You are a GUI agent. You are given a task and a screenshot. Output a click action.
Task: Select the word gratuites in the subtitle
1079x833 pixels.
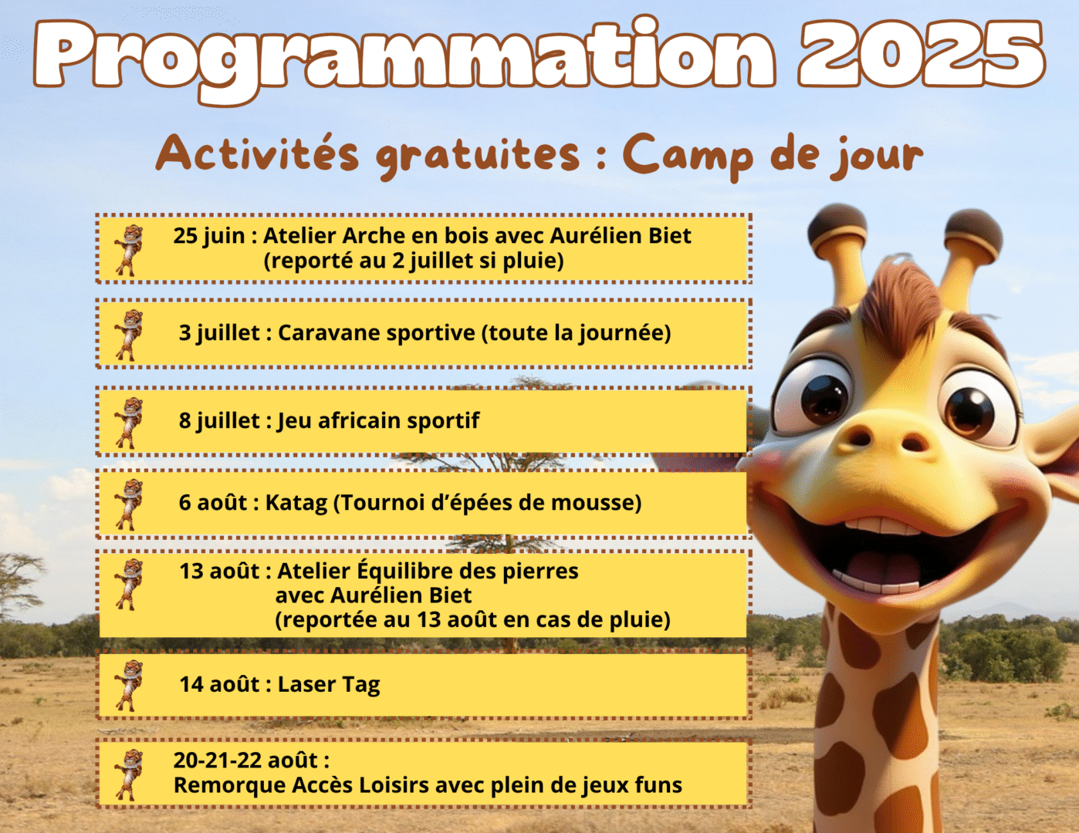pos(477,155)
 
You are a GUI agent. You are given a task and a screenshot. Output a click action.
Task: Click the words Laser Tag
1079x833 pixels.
pos(329,685)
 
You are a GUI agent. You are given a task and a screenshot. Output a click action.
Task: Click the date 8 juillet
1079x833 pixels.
pos(219,420)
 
